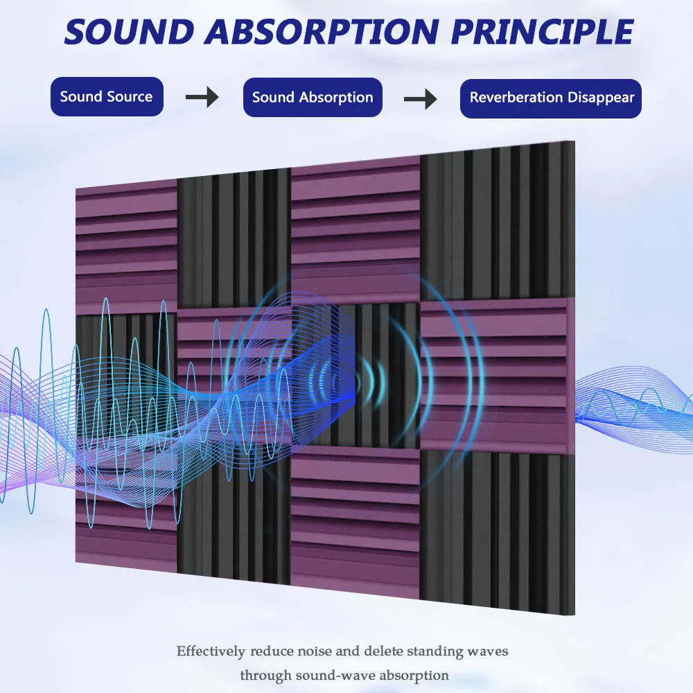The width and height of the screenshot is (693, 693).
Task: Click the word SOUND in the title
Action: point(130,32)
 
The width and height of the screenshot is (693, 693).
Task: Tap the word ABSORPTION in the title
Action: point(322,32)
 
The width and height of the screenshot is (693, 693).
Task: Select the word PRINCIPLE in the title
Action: point(543,32)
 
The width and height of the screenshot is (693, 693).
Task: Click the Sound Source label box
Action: point(107,97)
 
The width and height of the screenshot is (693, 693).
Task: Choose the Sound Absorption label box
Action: point(313,97)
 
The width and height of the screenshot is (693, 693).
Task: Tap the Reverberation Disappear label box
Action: point(551,98)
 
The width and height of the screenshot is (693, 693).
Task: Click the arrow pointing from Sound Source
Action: point(202,97)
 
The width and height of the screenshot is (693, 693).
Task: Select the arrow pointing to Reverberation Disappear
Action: point(421,98)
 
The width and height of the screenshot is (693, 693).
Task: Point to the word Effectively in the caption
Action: point(211,651)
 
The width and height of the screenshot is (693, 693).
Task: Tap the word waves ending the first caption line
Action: point(487,651)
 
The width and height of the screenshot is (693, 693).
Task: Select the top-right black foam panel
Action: point(497,222)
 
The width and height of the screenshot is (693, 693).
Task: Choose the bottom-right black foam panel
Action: point(497,532)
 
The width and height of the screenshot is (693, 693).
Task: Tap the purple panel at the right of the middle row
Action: point(493,376)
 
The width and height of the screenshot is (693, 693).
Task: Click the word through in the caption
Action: point(265,676)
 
